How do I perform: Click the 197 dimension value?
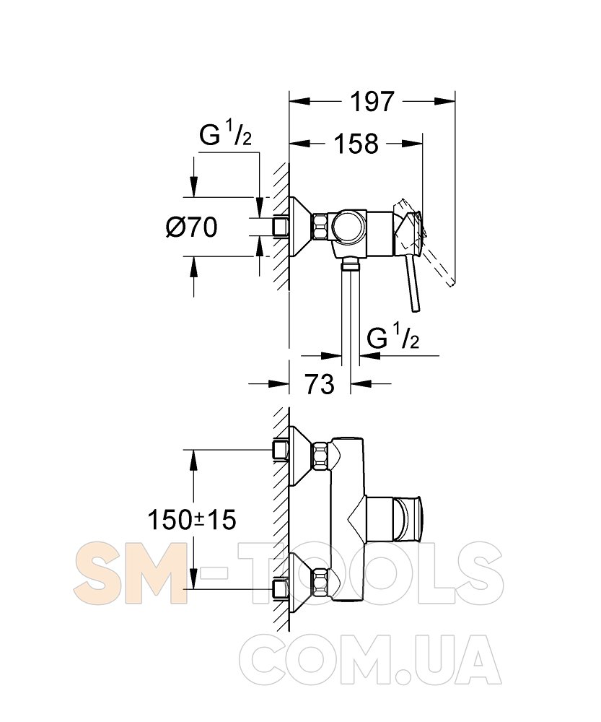click(372, 101)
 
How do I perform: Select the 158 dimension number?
click(356, 144)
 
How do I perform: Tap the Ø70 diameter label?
click(191, 227)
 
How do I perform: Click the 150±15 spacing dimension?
click(192, 521)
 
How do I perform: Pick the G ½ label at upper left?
click(226, 136)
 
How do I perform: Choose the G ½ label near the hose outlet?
click(393, 339)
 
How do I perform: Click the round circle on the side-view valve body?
click(348, 227)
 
